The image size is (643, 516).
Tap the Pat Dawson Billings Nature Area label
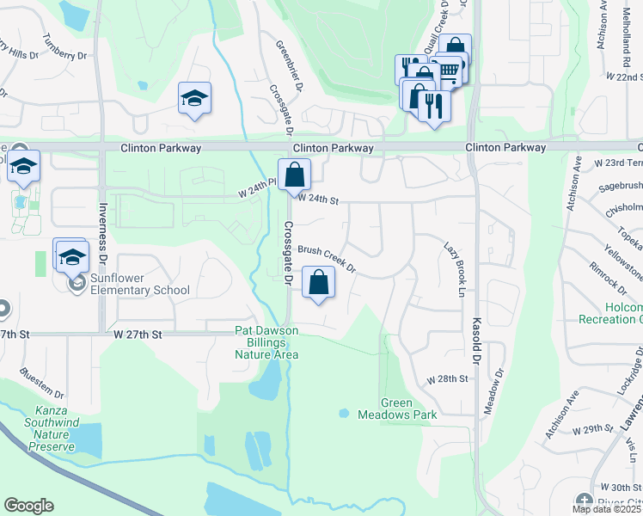coord(266,342)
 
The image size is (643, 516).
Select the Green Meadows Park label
coord(409,408)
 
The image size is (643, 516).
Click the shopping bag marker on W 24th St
coord(294,175)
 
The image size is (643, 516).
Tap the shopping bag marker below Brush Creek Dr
coord(318,283)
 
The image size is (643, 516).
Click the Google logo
coord(28,506)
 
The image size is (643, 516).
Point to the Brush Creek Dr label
coord(327,261)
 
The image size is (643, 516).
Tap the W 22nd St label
coord(625,77)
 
